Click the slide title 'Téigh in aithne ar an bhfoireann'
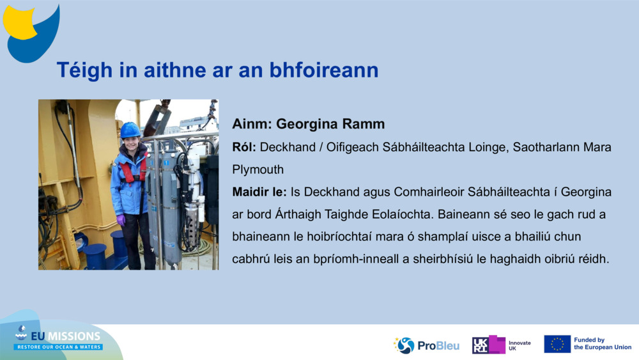(x=217, y=70)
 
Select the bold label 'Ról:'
(x=244, y=148)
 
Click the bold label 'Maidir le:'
(x=259, y=192)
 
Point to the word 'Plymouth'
(x=258, y=170)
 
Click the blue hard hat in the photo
(x=130, y=130)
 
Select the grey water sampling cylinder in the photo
(x=170, y=205)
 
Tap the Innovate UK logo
(x=502, y=345)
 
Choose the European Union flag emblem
(x=557, y=344)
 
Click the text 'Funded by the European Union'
(x=602, y=344)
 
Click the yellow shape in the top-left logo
(x=19, y=22)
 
